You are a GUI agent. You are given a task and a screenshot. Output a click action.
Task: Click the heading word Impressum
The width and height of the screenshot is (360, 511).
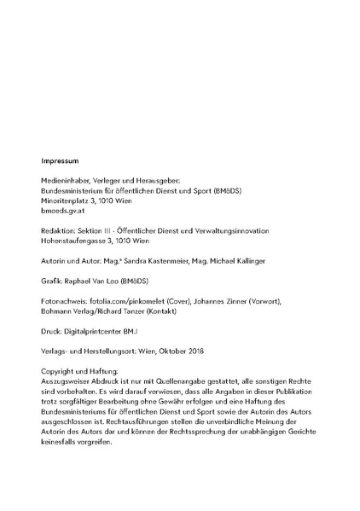pyautogui.click(x=60, y=160)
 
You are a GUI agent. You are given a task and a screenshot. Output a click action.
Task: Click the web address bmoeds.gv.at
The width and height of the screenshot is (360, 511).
pyautogui.click(x=64, y=211)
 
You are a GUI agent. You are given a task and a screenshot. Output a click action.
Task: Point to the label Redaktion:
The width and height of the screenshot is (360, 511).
pyautogui.click(x=58, y=231)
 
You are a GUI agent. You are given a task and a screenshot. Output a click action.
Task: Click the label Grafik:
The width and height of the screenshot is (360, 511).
pyautogui.click(x=53, y=282)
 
